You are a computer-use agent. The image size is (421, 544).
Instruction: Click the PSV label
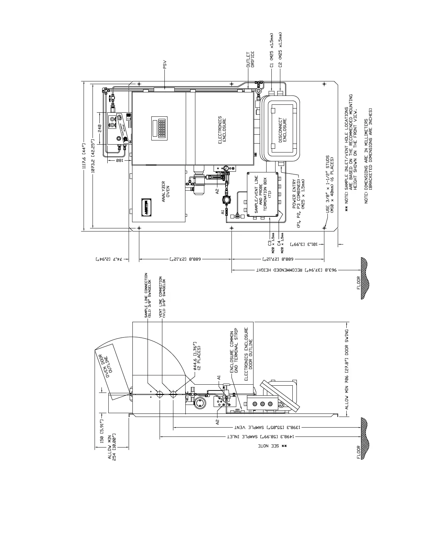pyautogui.click(x=165, y=65)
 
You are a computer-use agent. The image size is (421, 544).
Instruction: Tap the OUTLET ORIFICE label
pyautogui.click(x=250, y=59)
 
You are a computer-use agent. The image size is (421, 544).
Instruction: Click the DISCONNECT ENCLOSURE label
pyautogui.click(x=282, y=130)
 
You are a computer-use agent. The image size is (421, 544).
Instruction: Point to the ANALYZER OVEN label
pyautogui.click(x=166, y=191)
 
